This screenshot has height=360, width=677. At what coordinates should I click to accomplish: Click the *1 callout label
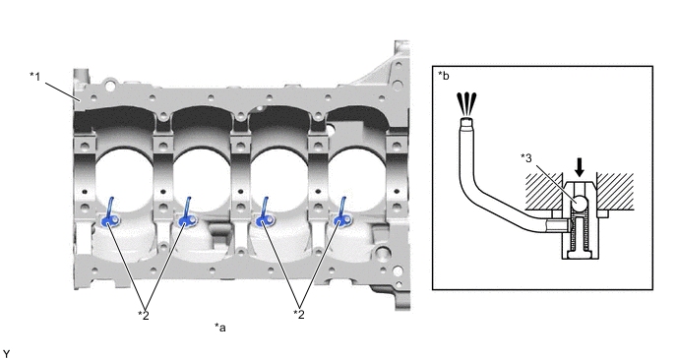(35, 77)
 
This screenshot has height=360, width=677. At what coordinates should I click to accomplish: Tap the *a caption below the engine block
(220, 328)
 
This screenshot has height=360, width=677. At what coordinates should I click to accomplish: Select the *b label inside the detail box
(444, 76)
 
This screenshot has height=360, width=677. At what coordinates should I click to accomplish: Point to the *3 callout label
(526, 158)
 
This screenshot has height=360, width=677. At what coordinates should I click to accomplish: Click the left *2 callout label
(144, 315)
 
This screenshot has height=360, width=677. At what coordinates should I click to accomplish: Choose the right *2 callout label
(299, 314)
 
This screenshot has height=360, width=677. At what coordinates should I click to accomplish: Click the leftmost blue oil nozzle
(109, 212)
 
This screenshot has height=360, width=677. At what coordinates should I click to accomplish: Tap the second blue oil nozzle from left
(187, 212)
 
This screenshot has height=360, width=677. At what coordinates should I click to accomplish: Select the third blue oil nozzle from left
(265, 212)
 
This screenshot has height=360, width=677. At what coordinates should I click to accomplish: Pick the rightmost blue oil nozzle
(342, 212)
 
